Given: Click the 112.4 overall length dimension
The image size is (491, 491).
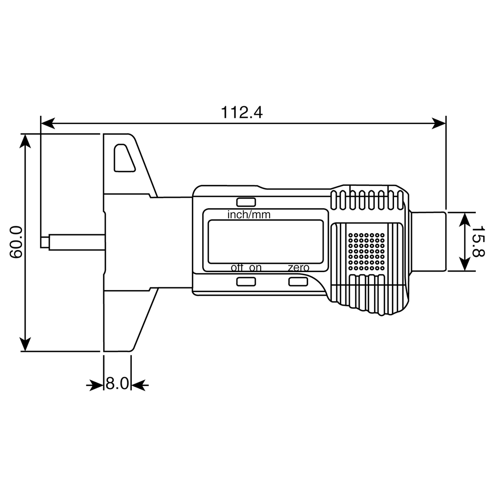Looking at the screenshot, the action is [x=241, y=113].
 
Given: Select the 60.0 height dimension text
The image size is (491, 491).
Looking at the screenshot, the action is [x=16, y=242].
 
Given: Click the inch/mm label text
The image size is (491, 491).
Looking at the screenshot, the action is [x=249, y=215].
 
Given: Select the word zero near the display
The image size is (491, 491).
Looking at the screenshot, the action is [x=298, y=268].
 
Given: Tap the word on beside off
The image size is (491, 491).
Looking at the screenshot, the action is [x=255, y=268].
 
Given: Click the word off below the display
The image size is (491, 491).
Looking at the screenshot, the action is [x=237, y=268].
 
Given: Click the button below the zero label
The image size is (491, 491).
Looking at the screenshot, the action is [x=298, y=282].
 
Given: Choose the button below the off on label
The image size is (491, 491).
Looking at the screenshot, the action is [x=246, y=282].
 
